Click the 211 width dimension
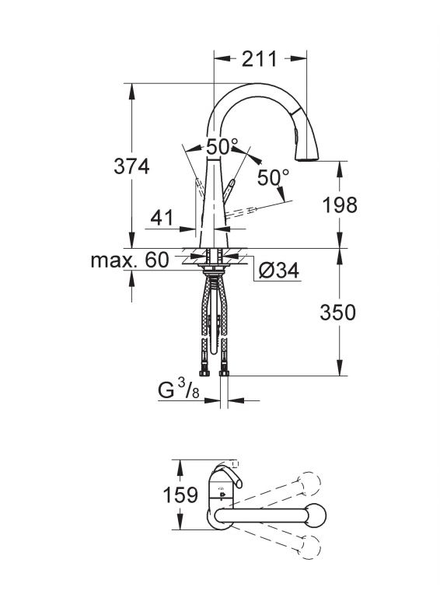pyautogui.click(x=259, y=59)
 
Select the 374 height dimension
pyautogui.click(x=131, y=166)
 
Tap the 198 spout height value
pyautogui.click(x=340, y=204)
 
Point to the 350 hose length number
pyautogui.click(x=337, y=313)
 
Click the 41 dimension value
pyautogui.click(x=161, y=218)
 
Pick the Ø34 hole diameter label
pyautogui.click(x=279, y=270)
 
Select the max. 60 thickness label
pyautogui.click(x=130, y=260)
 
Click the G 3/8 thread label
pyautogui.click(x=179, y=390)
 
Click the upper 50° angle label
pyautogui.click(x=222, y=147)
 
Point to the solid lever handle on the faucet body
pyautogui.click(x=229, y=191)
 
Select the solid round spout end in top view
pyautogui.click(x=316, y=515)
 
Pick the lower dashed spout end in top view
pyautogui.click(x=310, y=547)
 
